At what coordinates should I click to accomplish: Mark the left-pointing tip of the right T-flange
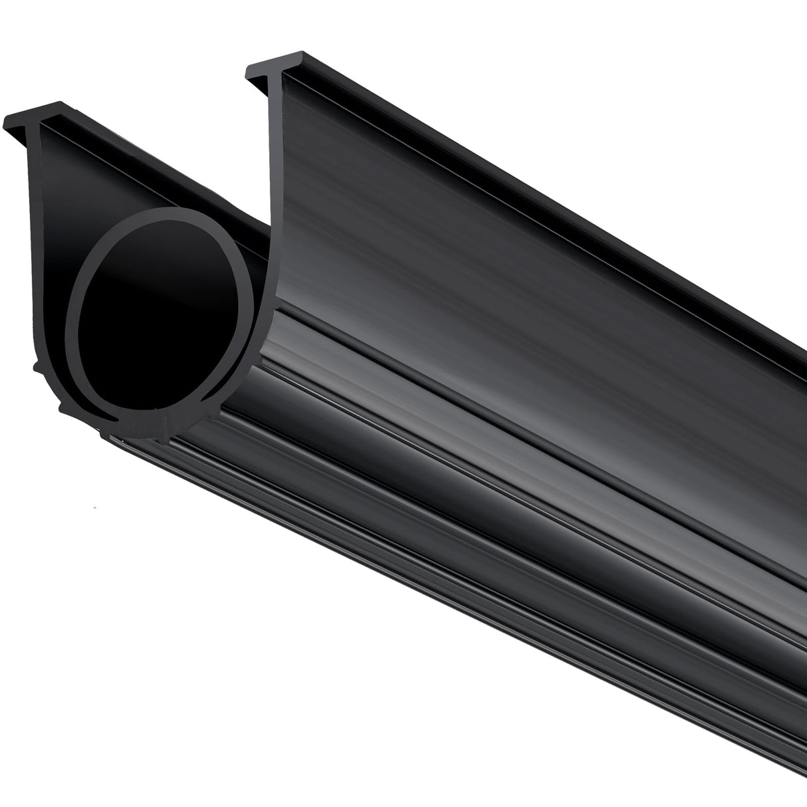(249, 69)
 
